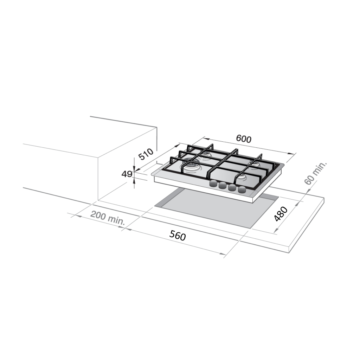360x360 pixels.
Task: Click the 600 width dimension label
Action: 244,139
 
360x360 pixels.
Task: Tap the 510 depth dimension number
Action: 146,154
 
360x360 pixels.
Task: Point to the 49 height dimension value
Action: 127,174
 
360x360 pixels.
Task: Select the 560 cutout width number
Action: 178,236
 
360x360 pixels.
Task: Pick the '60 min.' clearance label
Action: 315,173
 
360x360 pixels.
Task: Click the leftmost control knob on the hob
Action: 214,183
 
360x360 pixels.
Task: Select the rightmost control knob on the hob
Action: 242,189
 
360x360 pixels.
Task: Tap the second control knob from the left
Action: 223,185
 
